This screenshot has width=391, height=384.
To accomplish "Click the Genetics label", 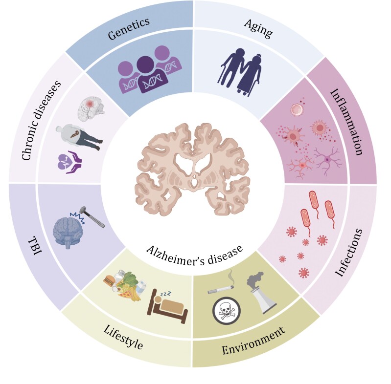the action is tap(129, 28).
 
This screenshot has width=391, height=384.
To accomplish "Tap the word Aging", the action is tap(258, 29).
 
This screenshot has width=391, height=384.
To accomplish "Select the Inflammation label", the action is tap(346, 122).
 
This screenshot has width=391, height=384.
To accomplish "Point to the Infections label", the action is tap(348, 253).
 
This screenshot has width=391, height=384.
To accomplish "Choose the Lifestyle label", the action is tap(123, 337).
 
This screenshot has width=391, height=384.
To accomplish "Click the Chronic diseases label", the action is tap(41, 121).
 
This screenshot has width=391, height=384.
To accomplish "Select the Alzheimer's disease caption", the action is tap(194, 255).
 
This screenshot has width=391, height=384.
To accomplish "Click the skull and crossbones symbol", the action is tap(227, 312).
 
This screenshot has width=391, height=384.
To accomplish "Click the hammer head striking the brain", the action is tap(84, 211).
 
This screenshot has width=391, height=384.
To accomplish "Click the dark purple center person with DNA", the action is tap(151, 74).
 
